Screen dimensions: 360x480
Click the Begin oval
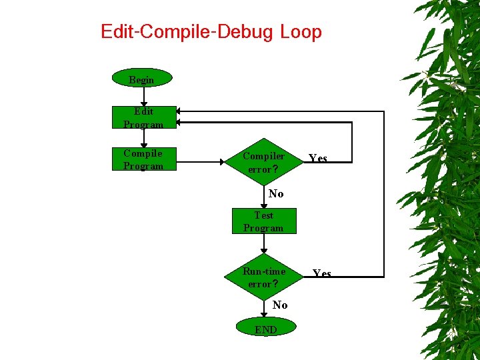coord(141,79)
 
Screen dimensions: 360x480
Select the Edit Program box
coord(143,117)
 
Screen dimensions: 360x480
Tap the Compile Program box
coord(143,159)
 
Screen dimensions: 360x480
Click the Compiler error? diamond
coord(264,162)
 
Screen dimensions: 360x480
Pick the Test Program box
coord(263,221)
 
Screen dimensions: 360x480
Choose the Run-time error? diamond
coord(264,277)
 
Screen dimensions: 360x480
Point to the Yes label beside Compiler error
coord(318,159)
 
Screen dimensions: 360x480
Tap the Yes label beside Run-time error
coord(322,273)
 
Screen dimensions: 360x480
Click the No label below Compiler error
coord(276,193)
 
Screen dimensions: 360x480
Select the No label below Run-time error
coord(280,305)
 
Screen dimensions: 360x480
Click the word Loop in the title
coord(301,31)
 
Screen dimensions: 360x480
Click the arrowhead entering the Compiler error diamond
coord(222,161)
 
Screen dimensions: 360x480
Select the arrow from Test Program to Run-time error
coord(264,244)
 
